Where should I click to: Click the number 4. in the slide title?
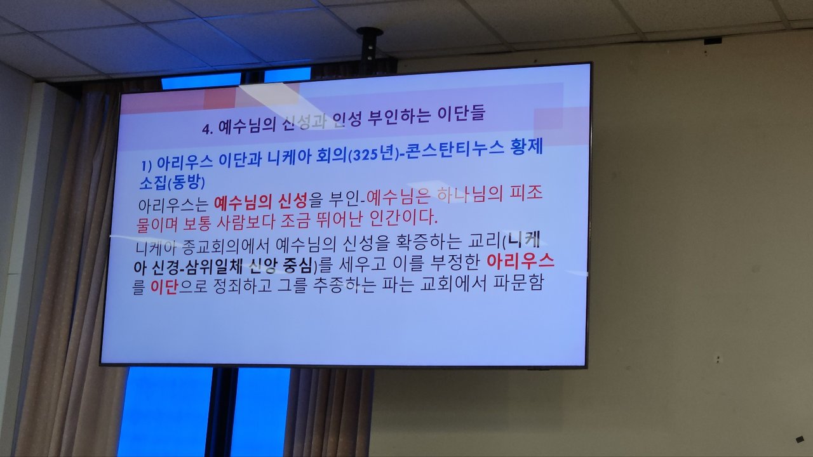[208, 129]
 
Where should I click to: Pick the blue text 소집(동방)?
[172, 182]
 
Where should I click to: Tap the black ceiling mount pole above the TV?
[370, 49]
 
